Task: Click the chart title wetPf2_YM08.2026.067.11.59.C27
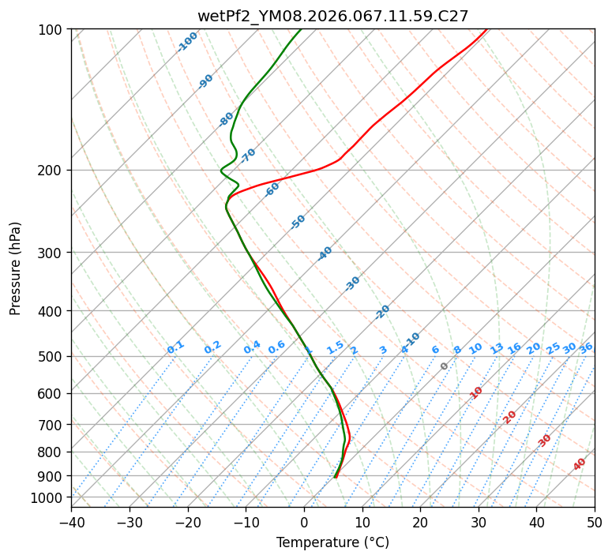[x=332, y=16]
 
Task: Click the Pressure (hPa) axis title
[x=16, y=268]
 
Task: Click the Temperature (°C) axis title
[x=332, y=543]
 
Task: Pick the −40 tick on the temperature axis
[x=71, y=522]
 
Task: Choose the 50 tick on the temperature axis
[x=595, y=522]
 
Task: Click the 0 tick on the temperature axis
[x=304, y=522]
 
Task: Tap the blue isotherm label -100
[x=187, y=42]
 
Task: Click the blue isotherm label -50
[x=298, y=222]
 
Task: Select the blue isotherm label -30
[x=352, y=283]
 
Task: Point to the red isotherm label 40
[x=580, y=464]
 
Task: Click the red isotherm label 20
[x=510, y=416]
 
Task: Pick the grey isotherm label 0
[x=445, y=366]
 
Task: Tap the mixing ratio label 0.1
[x=175, y=347]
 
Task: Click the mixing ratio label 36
[x=586, y=347]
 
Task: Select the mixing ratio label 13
[x=497, y=348]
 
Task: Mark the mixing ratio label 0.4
[x=252, y=347]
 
